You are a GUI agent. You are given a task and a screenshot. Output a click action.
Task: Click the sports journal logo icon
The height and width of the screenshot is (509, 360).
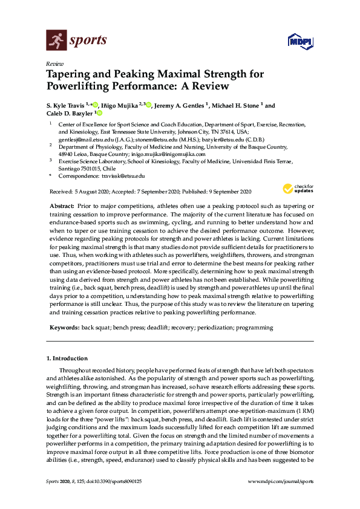tap(57, 41)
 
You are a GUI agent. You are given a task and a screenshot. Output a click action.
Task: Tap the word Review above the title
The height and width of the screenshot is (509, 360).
tap(54, 63)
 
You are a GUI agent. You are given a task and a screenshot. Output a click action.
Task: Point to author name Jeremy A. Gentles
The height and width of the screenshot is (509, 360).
tap(178, 105)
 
